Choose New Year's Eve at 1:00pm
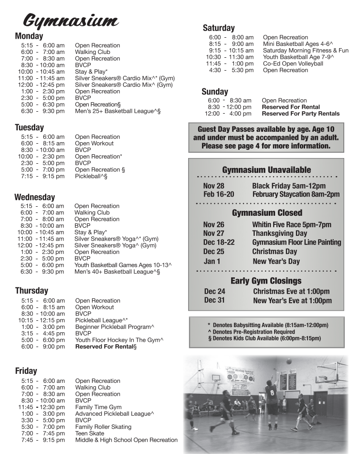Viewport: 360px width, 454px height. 292,301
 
